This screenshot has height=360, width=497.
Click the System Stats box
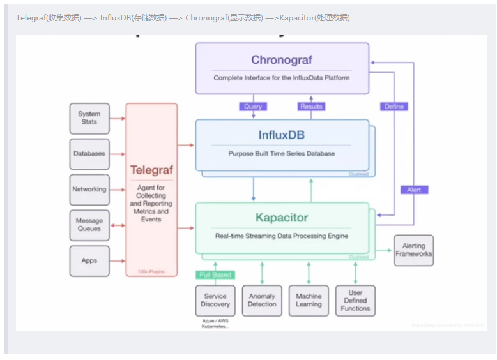[89, 118]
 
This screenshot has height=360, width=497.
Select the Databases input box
[89, 154]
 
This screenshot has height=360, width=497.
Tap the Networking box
[89, 190]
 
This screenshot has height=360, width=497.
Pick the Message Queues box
[89, 225]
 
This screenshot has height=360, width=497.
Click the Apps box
[89, 260]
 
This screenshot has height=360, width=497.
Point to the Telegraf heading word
[151, 170]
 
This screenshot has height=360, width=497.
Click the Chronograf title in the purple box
[282, 60]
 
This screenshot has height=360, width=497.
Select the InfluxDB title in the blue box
[282, 135]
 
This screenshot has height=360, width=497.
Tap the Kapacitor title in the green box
[282, 218]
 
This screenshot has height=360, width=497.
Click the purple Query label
[253, 107]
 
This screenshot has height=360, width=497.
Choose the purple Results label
[311, 107]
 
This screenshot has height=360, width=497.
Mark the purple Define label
[394, 107]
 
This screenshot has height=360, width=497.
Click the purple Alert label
[414, 190]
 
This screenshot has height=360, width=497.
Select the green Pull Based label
[215, 275]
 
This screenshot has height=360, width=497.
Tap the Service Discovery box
[215, 300]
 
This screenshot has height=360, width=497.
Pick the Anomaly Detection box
[262, 300]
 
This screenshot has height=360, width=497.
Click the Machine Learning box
[309, 300]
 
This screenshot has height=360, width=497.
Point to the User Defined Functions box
[355, 301]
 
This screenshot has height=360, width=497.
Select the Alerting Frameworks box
[414, 250]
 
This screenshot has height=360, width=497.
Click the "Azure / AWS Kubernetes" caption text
[215, 323]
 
